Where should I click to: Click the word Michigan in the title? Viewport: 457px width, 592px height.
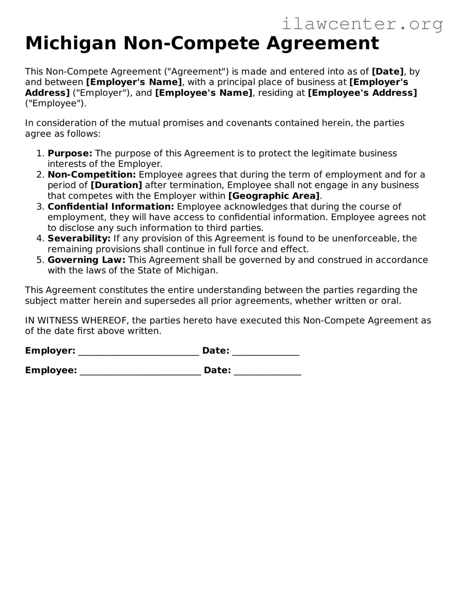[71, 43]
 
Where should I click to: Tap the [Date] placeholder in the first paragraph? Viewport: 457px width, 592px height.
[388, 71]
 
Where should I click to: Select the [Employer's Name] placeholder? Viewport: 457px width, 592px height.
[134, 82]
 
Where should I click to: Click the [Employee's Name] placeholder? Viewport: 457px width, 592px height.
[204, 93]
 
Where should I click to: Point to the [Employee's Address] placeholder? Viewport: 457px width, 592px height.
[362, 93]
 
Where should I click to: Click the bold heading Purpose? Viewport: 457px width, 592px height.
[70, 153]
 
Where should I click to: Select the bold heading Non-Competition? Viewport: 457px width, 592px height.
[92, 174]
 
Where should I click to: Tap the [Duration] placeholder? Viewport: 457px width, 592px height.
[116, 185]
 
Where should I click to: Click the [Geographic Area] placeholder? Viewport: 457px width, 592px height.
[274, 196]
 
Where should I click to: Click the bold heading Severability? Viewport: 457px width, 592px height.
[79, 238]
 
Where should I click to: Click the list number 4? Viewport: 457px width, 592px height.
[40, 239]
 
